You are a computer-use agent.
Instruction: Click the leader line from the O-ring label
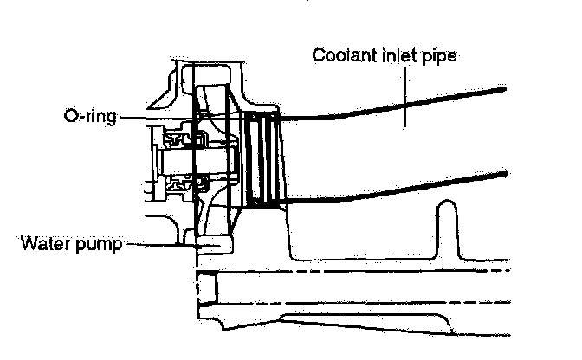[160, 114]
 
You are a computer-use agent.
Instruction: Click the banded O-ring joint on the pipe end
[261, 160]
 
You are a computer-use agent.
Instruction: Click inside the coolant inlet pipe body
[390, 147]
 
